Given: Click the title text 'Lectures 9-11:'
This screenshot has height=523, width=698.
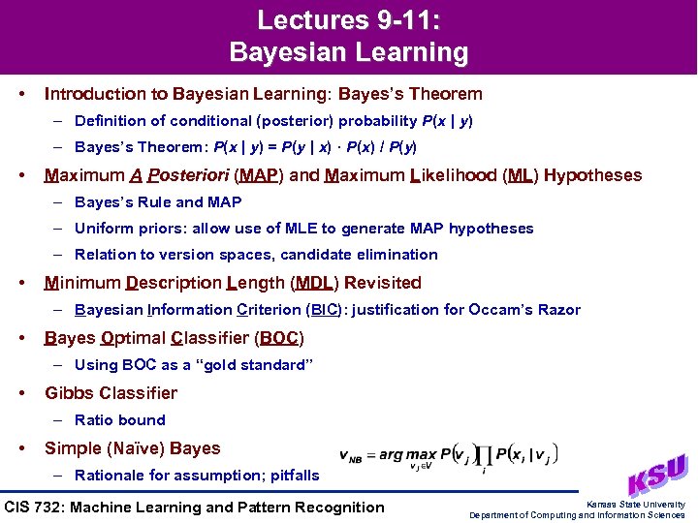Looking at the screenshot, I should pyautogui.click(x=348, y=20).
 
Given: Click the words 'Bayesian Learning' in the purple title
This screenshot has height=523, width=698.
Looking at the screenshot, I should pyautogui.click(x=348, y=52).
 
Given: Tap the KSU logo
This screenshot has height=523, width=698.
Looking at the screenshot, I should pyautogui.click(x=658, y=476).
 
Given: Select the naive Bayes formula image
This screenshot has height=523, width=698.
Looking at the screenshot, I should pyautogui.click(x=448, y=457).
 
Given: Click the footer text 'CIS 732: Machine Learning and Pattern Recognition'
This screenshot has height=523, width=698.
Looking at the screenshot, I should pyautogui.click(x=195, y=507).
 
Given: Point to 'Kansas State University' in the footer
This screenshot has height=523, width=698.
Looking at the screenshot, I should pyautogui.click(x=636, y=505).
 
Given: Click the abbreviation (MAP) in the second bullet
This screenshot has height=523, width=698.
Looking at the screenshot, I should pyautogui.click(x=259, y=176).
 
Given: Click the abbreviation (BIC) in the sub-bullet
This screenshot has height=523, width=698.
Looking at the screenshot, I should pyautogui.click(x=321, y=310).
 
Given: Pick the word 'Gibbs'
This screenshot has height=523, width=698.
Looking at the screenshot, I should pyautogui.click(x=69, y=393).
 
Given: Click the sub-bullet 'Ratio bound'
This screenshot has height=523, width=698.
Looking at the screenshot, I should pyautogui.click(x=120, y=420).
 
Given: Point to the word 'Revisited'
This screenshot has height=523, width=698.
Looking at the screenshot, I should pyautogui.click(x=383, y=283).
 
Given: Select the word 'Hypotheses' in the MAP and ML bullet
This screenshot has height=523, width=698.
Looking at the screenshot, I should pyautogui.click(x=592, y=176).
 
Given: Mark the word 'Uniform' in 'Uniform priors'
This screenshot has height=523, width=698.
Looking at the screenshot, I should pyautogui.click(x=103, y=229).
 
